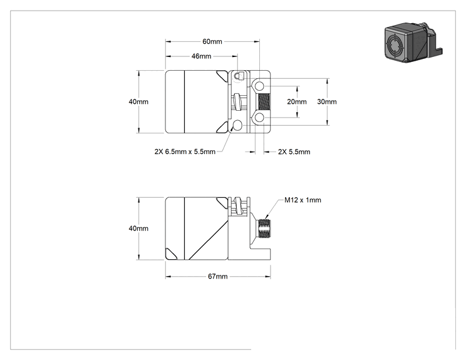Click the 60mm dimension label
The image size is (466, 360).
tap(212, 41)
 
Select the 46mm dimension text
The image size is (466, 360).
tap(202, 56)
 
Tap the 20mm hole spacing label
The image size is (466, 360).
tap(297, 101)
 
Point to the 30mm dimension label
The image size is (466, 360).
tap(327, 101)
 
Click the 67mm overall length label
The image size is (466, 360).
tap(218, 277)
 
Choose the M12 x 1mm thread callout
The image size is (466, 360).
tap(303, 200)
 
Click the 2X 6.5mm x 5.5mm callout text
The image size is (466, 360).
tap(185, 152)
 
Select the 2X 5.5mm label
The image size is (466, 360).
tap(294, 152)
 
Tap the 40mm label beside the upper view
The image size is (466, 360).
tap(138, 101)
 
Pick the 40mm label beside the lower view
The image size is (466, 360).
tap(138, 229)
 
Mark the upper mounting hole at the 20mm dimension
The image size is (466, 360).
tap(260, 86)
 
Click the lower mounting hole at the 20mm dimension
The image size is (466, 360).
tap(260, 118)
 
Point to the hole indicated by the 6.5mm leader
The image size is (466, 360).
tap(238, 126)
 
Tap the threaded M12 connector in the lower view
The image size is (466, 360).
tap(264, 229)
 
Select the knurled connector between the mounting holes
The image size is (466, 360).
tap(264, 102)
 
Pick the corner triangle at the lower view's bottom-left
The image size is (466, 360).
tap(170, 254)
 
